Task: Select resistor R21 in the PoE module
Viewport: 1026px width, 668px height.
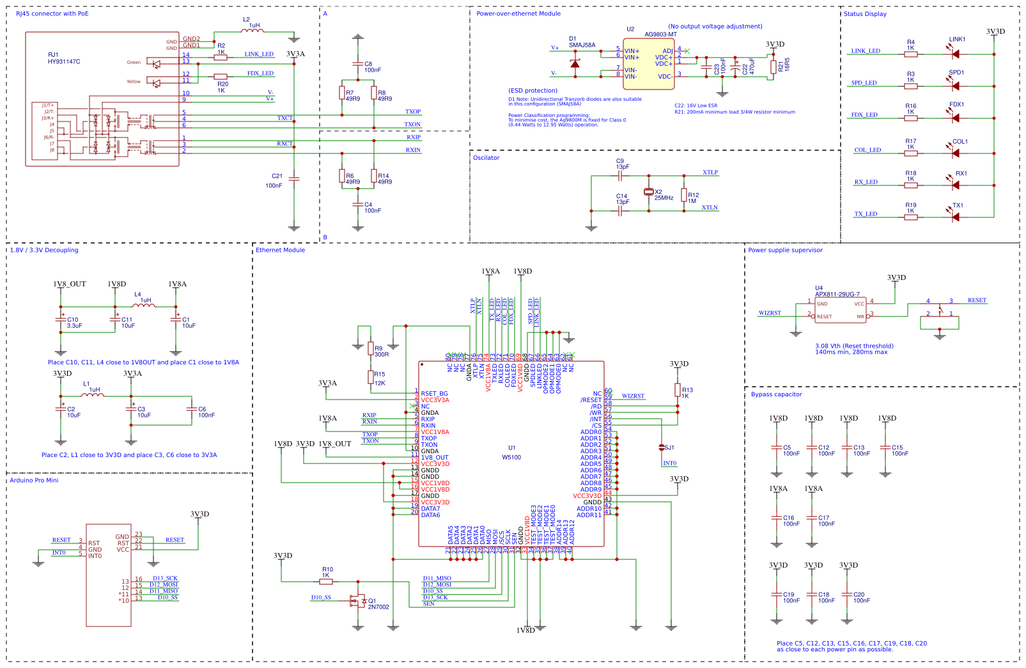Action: coord(773,66)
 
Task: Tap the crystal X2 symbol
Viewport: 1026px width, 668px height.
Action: coord(649,192)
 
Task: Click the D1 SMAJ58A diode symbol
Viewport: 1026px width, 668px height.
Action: coord(575,63)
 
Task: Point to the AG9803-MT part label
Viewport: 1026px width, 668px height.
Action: coord(660,35)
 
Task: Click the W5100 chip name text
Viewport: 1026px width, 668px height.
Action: coord(511,457)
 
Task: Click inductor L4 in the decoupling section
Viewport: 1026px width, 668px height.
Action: coord(144,306)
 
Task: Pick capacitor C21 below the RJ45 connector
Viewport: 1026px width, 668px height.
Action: coord(293,179)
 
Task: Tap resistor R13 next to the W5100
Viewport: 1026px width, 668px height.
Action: coord(678,389)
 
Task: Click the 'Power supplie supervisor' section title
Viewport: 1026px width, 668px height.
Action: coord(785,250)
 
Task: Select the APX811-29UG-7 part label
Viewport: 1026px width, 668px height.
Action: coord(837,294)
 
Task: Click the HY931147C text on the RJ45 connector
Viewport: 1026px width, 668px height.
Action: coord(64,62)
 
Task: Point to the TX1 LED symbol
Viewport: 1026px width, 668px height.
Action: coord(956,217)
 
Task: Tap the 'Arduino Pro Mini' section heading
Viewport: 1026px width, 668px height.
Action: coord(34,480)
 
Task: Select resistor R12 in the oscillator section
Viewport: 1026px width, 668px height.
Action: coord(684,195)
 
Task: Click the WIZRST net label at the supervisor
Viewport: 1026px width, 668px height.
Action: coord(770,313)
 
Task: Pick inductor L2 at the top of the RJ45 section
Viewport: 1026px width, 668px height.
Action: coord(253,30)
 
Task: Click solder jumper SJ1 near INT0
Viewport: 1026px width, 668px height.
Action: coord(662,447)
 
